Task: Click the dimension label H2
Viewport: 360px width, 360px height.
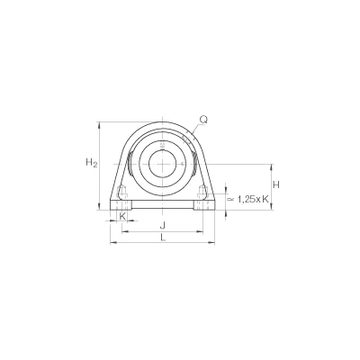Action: [x=92, y=163]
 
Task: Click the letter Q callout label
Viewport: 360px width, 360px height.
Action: [x=203, y=120]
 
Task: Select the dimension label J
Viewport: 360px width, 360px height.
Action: [x=162, y=224]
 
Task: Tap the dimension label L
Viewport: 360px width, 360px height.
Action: [x=163, y=238]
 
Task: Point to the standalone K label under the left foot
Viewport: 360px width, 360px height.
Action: [x=122, y=215]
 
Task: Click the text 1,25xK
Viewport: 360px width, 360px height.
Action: [x=253, y=199]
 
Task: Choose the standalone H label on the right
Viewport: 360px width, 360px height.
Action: [x=276, y=184]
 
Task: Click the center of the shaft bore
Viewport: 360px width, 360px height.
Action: [x=162, y=164]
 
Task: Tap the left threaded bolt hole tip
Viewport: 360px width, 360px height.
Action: [x=121, y=187]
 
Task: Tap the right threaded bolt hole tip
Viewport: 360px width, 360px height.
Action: [x=202, y=187]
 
